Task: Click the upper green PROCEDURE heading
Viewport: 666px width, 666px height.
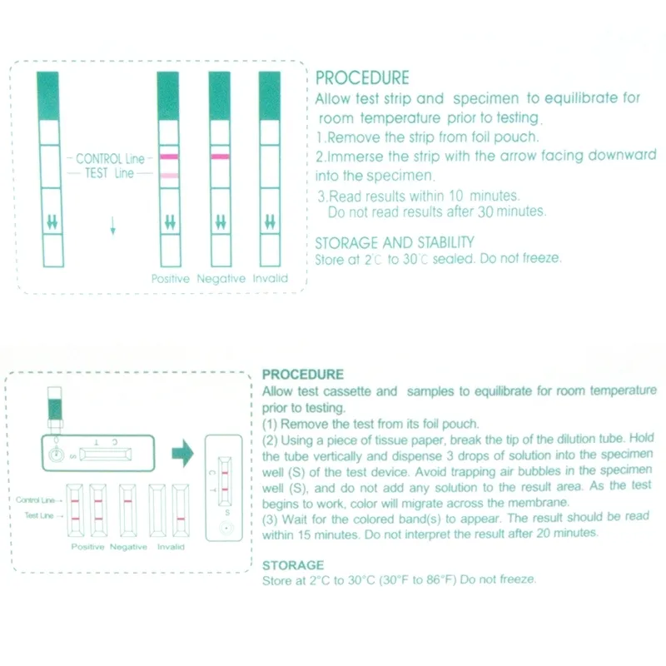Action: point(362,78)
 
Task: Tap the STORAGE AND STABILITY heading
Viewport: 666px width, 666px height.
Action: point(395,242)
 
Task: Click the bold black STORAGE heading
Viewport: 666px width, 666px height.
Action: point(292,564)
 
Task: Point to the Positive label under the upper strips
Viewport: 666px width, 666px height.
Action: point(170,279)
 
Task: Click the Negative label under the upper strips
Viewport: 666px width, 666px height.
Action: point(221,279)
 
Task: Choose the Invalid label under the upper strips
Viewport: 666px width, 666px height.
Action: point(270,279)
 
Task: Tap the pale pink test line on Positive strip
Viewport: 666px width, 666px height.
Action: point(169,176)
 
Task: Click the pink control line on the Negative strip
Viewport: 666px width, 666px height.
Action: point(220,157)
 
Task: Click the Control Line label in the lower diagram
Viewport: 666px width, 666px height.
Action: point(35,500)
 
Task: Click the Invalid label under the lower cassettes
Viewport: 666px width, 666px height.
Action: point(171,547)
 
